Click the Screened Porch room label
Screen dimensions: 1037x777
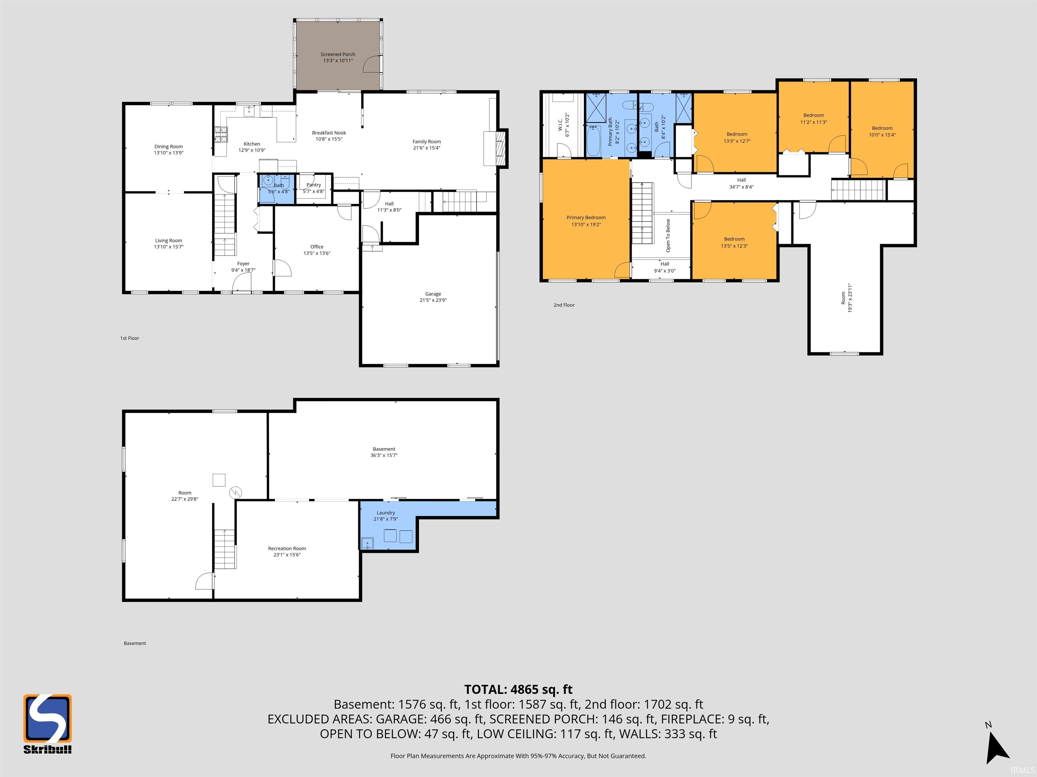(x=338, y=54)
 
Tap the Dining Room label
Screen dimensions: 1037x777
(x=168, y=147)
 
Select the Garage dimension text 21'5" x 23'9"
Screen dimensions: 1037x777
(x=433, y=300)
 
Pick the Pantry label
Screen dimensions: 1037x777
(x=314, y=185)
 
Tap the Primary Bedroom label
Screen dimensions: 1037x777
(x=586, y=217)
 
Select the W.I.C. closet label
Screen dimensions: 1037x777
(x=560, y=124)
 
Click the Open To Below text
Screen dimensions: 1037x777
(x=668, y=236)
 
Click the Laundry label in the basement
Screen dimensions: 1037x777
(x=385, y=513)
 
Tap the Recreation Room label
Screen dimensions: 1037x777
(x=287, y=548)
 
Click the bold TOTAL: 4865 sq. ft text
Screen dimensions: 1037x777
(x=518, y=689)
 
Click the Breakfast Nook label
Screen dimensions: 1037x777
(x=329, y=133)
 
